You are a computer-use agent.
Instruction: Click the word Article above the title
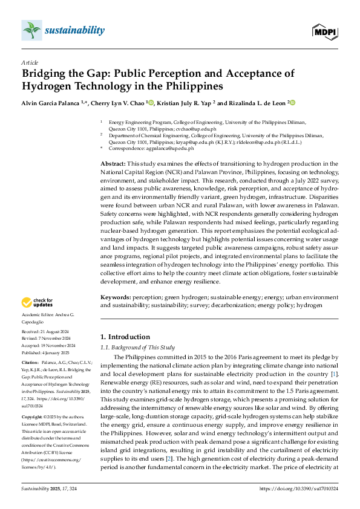click(30, 62)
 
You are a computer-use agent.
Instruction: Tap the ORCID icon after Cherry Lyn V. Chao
click(152, 103)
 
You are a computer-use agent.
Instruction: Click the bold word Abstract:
click(113, 164)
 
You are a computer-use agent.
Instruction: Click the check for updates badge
click(38, 302)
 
